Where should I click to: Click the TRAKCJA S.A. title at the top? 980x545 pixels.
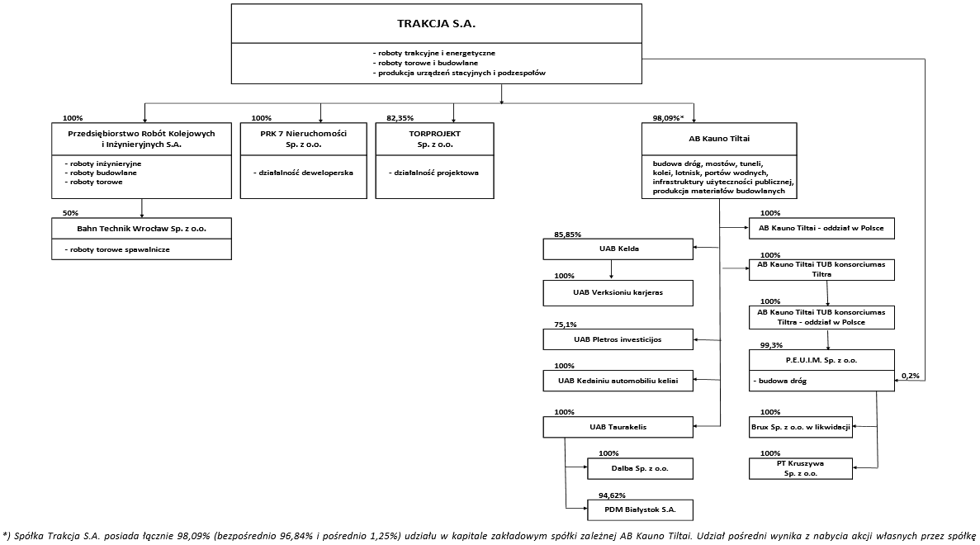(436, 24)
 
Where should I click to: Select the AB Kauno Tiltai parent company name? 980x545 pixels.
(719, 139)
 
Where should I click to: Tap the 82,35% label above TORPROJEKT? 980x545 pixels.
(400, 117)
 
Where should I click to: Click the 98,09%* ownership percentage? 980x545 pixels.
(668, 117)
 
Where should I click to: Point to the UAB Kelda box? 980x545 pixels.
(618, 249)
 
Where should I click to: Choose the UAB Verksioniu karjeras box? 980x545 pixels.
(618, 292)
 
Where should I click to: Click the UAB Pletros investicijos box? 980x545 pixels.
(618, 339)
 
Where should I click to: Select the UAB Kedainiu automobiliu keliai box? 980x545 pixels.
(618, 381)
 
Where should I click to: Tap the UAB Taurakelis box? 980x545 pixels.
(618, 427)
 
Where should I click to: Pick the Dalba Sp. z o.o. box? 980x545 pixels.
(640, 468)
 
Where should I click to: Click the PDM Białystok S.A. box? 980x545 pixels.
(640, 509)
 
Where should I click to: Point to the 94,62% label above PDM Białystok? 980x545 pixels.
(612, 495)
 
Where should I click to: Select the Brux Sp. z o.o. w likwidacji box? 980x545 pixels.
(801, 427)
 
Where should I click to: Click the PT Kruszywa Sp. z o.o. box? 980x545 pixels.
(801, 469)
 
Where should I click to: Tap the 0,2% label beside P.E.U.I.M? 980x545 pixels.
(911, 376)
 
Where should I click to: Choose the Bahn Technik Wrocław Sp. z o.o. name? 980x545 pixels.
(142, 229)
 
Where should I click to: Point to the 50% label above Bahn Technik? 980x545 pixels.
(71, 213)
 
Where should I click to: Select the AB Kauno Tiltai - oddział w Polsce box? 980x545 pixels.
(821, 228)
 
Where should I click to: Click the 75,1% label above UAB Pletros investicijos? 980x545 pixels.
(565, 325)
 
